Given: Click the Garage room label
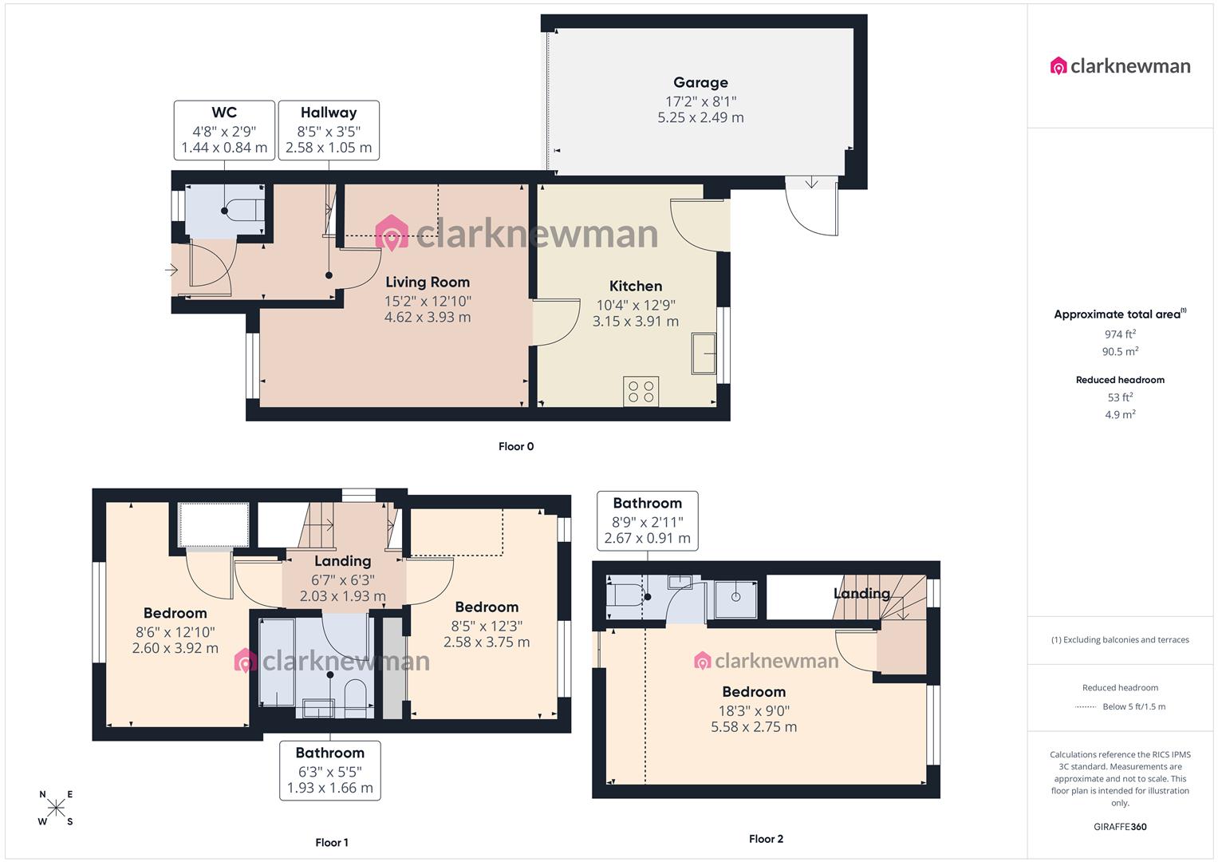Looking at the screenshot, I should [x=700, y=82].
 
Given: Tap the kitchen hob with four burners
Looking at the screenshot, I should [x=641, y=391].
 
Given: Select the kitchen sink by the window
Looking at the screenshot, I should [x=704, y=353].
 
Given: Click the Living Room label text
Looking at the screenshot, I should [x=428, y=282].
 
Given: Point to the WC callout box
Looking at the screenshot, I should [x=224, y=129].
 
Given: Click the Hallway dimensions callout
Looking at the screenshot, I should [x=329, y=129].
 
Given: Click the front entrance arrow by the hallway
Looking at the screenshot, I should [x=171, y=271].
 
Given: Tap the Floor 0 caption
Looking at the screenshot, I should [x=516, y=446].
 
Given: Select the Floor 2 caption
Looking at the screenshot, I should [x=766, y=839].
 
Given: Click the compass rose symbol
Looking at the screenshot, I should [x=56, y=808].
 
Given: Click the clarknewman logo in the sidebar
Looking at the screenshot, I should [x=1120, y=66].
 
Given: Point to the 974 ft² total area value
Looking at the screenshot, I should [x=1120, y=334].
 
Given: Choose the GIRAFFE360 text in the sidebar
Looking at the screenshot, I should [x=1120, y=827].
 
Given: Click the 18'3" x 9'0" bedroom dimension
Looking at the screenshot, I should [x=754, y=710].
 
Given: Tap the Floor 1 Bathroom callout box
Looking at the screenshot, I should [x=329, y=770].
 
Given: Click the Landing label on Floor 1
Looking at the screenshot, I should [x=342, y=561].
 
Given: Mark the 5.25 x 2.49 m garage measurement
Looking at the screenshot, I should [x=700, y=117].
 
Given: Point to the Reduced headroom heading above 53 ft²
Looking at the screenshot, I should [x=1120, y=380].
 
